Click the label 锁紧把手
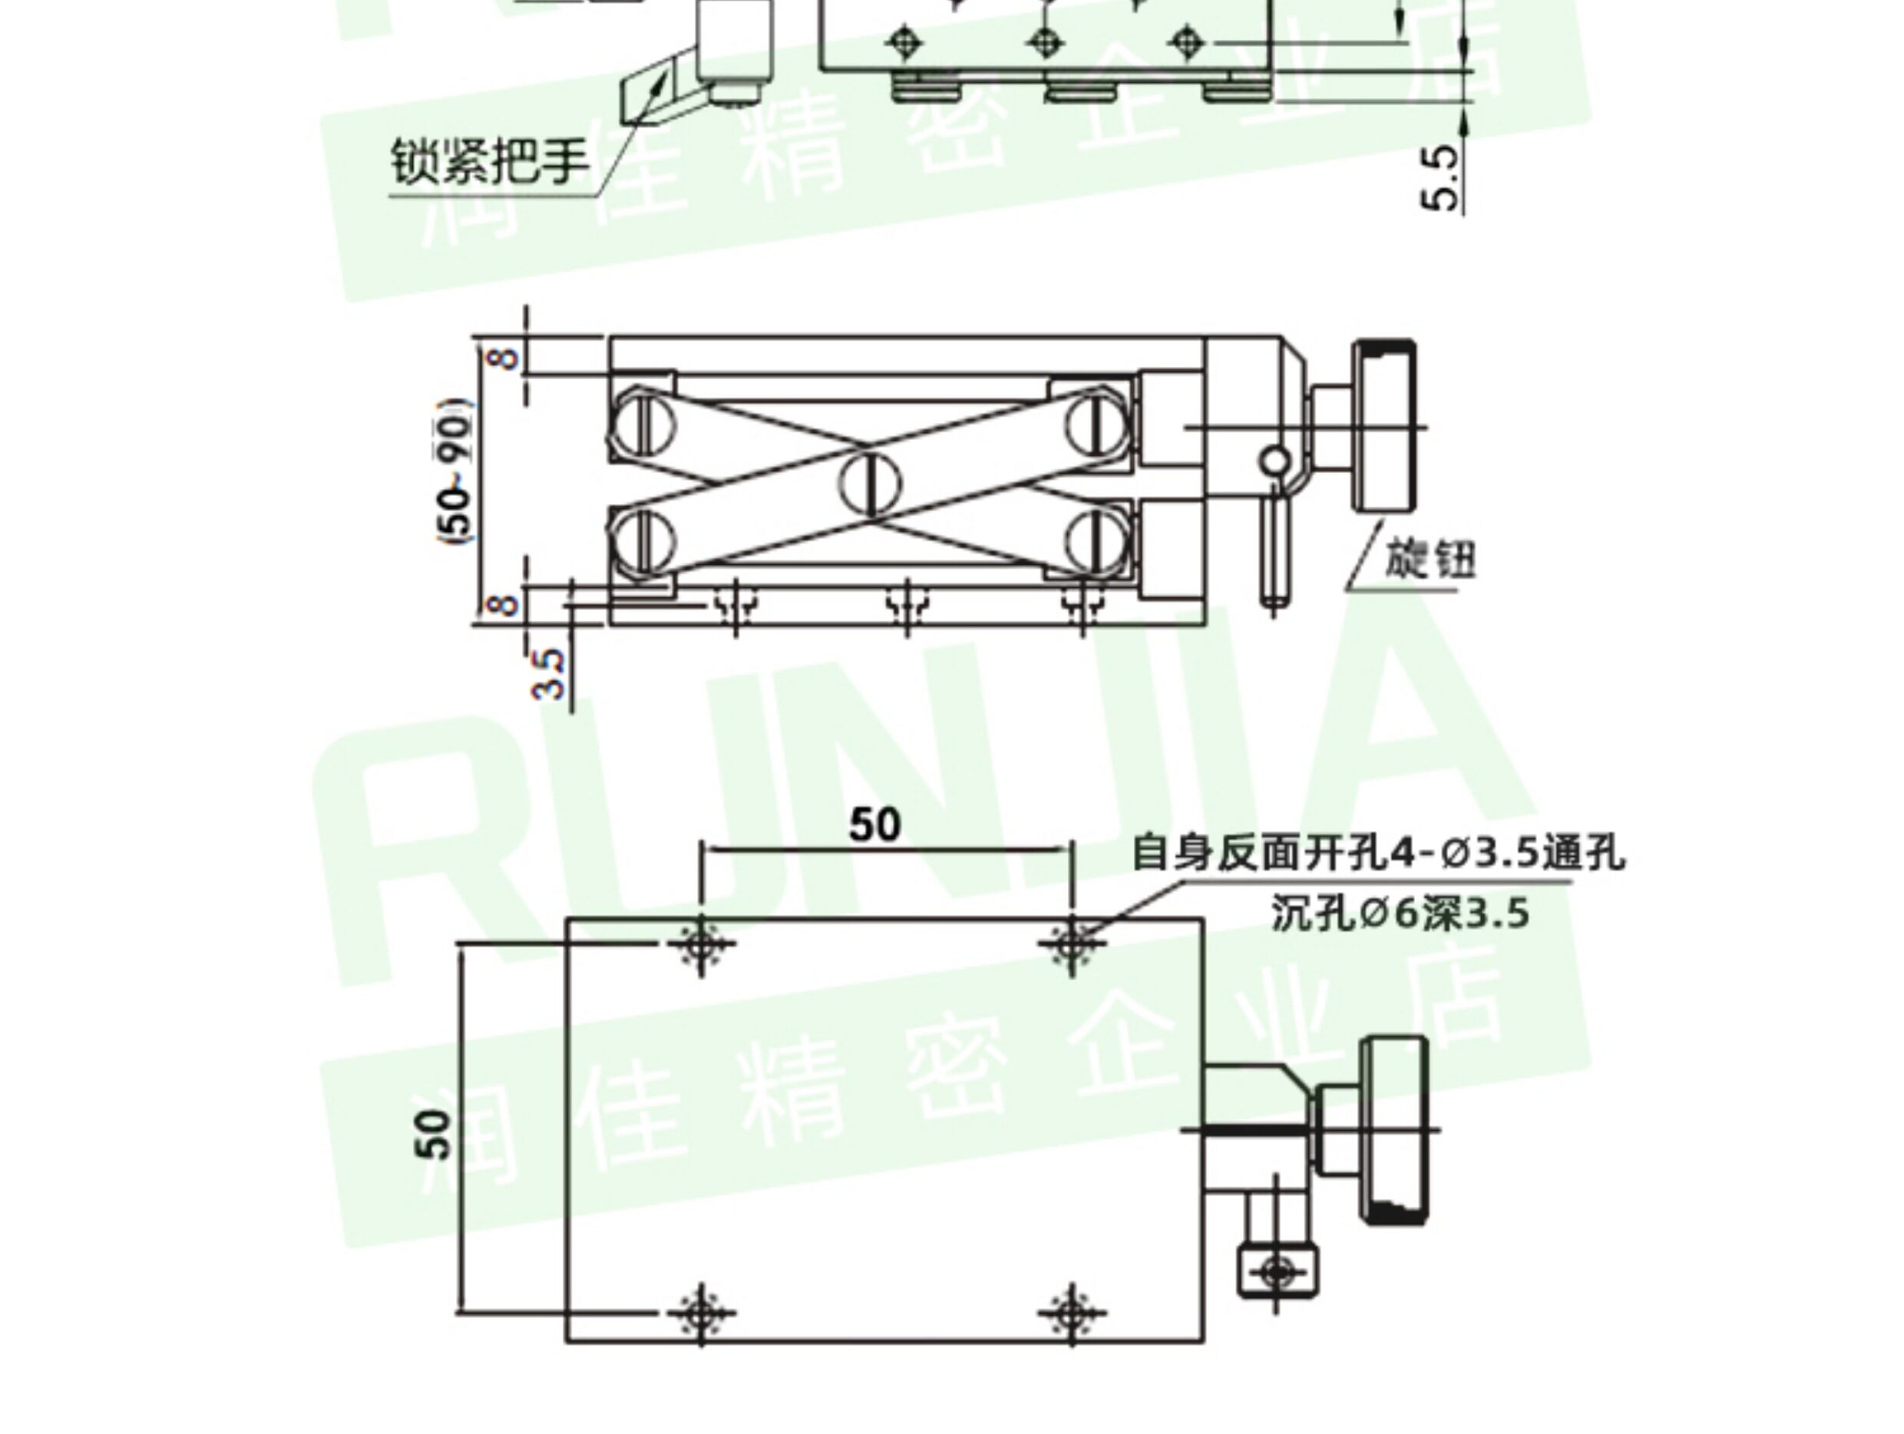click(490, 162)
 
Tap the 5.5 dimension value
click(1440, 177)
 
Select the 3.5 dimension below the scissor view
click(548, 674)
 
